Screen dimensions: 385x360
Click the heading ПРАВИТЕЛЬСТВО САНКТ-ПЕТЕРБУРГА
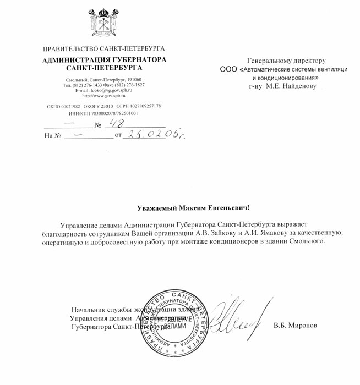pos(103,49)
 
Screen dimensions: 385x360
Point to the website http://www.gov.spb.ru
pos(103,96)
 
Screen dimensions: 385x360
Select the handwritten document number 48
pos(117,124)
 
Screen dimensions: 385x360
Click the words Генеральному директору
pos(287,60)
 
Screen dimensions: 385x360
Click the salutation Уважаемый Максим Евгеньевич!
pos(193,208)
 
